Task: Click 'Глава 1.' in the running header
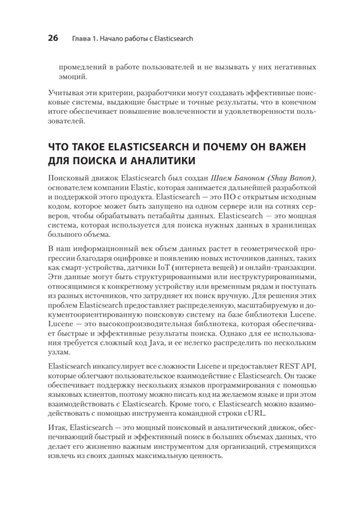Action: pos(84,39)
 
